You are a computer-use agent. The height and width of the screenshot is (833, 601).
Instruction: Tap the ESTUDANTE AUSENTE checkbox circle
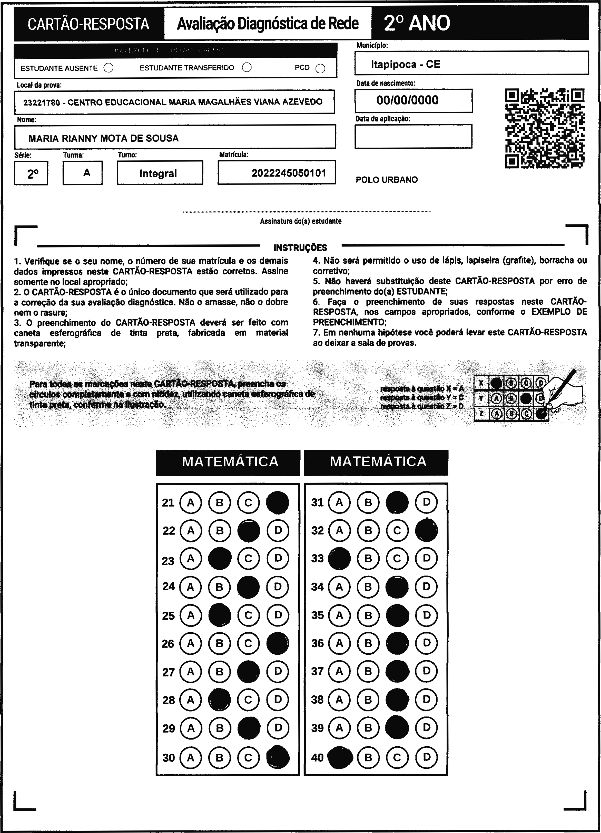(x=109, y=68)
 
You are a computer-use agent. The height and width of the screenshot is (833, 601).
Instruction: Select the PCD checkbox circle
(x=320, y=69)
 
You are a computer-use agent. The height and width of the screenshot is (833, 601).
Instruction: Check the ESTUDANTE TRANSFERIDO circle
(x=247, y=67)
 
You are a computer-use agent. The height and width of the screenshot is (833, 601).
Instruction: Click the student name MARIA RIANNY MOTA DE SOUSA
(x=103, y=138)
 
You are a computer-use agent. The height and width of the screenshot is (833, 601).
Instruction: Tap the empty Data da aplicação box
(x=413, y=136)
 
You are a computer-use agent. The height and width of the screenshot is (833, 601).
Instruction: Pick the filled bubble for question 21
(x=278, y=502)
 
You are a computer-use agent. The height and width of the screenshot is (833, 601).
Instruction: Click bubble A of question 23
(x=190, y=559)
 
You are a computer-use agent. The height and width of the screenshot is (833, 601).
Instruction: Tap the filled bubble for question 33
(x=339, y=559)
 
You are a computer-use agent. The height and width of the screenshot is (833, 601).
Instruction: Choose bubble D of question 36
(x=426, y=643)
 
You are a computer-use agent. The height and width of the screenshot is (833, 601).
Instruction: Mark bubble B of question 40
(x=368, y=757)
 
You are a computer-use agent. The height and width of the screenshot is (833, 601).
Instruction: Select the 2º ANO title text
(x=417, y=23)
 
